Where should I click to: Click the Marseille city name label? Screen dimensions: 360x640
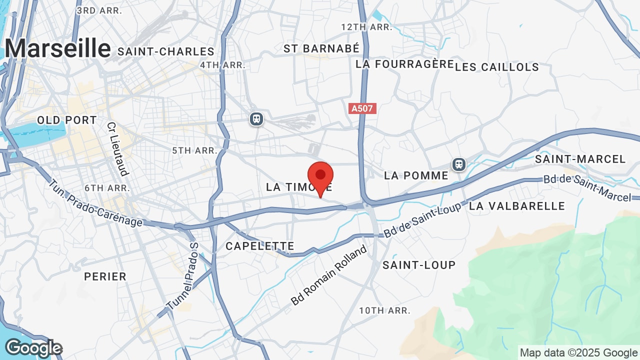57,48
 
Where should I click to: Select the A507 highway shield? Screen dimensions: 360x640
362,108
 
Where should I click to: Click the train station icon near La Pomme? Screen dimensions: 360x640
458,164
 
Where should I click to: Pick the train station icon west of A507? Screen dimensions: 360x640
256,119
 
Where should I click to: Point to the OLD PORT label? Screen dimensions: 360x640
67,120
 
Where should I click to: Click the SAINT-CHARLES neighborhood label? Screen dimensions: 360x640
166,51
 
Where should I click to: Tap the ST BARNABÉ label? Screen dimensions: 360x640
321,48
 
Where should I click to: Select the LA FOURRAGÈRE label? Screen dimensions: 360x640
404,64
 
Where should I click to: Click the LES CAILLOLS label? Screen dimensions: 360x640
497,67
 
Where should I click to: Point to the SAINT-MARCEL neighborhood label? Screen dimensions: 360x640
580,159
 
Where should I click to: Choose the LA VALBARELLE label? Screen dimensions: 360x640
517,206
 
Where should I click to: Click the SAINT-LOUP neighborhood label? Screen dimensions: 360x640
419,265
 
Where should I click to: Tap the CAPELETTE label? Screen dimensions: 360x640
259,246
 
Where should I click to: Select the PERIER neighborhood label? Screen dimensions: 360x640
105,276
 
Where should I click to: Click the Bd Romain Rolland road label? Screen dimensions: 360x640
329,275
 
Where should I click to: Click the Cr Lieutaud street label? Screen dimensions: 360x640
118,149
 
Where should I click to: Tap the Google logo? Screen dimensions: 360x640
33,348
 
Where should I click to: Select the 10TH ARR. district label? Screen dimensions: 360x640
384,310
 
